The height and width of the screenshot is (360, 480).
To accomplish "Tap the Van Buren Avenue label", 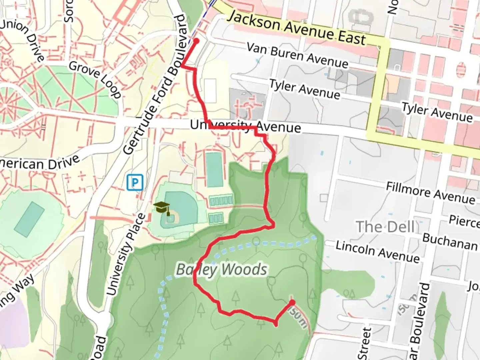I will pyautogui.click(x=297, y=55).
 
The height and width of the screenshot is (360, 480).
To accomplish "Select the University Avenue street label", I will pyautogui.click(x=245, y=127).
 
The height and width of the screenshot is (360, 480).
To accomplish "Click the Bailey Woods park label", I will pyautogui.click(x=221, y=270).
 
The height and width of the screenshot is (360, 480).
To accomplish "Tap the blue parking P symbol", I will pyautogui.click(x=135, y=182).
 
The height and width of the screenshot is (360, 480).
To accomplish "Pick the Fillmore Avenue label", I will pyautogui.click(x=430, y=193).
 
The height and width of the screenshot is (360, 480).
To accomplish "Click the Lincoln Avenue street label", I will pyautogui.click(x=377, y=252).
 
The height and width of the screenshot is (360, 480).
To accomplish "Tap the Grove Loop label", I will pyautogui.click(x=95, y=79).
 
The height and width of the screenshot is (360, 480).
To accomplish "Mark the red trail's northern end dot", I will pyautogui.click(x=196, y=41).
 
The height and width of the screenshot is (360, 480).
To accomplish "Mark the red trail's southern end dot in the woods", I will pyautogui.click(x=292, y=302).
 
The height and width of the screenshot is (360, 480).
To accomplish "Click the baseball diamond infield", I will pyautogui.click(x=171, y=218).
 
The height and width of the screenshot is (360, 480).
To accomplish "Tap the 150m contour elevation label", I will pyautogui.click(x=297, y=317).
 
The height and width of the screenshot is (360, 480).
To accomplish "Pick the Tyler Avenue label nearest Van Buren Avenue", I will pyautogui.click(x=304, y=89).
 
